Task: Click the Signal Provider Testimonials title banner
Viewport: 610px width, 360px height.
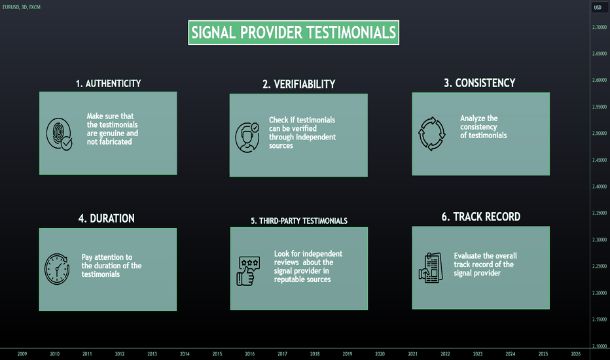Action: tap(294, 33)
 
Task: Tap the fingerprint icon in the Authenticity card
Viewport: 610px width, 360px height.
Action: tap(59, 134)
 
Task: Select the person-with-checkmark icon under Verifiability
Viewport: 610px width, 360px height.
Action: tap(247, 137)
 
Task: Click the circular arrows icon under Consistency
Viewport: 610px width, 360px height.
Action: tap(431, 134)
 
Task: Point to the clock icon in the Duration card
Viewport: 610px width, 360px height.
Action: tap(57, 269)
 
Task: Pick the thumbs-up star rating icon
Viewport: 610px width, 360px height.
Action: tap(248, 271)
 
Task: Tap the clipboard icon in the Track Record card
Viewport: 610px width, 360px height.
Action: tap(431, 268)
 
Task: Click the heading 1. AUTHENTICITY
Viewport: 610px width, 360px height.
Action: tap(108, 84)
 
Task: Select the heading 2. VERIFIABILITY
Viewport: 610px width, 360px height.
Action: tap(298, 84)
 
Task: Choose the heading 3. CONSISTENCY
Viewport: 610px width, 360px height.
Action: tap(480, 83)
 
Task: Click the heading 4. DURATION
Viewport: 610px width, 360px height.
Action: tap(107, 219)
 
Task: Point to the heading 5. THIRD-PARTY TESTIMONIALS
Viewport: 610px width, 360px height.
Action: tap(299, 221)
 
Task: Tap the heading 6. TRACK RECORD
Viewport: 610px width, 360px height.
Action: tap(481, 217)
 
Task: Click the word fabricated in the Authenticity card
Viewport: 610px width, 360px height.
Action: tap(115, 141)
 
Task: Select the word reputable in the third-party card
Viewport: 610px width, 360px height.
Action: tap(290, 279)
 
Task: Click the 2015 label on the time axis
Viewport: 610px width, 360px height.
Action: tap(217, 353)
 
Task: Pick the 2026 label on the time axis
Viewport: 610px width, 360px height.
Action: tap(576, 353)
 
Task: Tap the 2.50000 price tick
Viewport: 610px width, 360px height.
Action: tap(600, 133)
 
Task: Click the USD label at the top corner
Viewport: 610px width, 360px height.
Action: tap(598, 7)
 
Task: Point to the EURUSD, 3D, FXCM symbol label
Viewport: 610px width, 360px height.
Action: tap(22, 7)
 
